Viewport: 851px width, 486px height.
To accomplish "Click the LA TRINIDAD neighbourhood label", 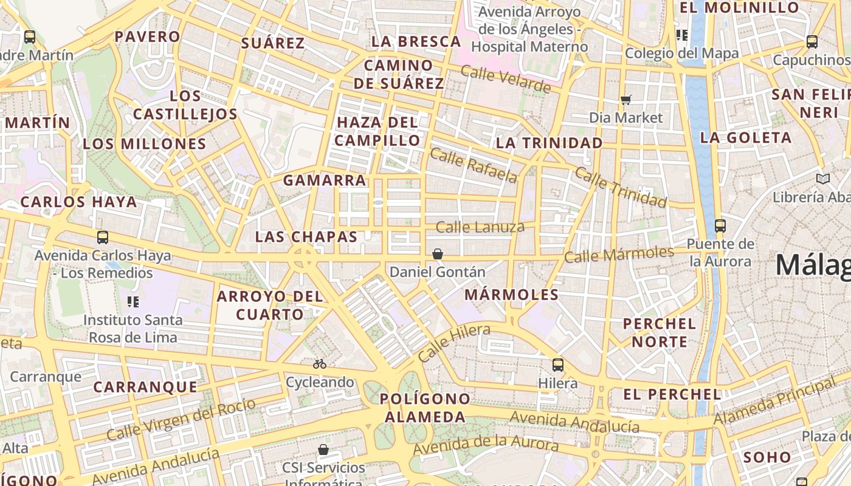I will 549,143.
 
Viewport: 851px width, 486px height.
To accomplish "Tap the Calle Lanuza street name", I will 480,227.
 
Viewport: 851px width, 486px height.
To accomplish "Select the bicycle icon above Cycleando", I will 320,364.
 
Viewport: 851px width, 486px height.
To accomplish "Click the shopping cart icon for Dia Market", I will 625,100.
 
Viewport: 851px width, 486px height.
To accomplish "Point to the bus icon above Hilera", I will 557,365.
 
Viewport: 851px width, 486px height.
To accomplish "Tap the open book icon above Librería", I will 822,179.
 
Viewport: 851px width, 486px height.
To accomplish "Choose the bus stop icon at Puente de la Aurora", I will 720,226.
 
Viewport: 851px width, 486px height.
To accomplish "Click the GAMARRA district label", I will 325,180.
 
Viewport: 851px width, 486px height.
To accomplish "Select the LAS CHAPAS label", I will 306,237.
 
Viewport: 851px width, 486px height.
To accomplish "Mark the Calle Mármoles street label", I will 619,254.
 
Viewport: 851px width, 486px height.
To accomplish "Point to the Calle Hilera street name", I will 453,343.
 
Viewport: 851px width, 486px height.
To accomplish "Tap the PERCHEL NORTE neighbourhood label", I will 659,332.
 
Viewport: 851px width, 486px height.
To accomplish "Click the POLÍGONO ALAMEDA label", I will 424,408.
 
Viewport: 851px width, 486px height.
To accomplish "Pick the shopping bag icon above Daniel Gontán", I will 437,254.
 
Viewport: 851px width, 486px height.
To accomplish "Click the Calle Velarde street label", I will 505,79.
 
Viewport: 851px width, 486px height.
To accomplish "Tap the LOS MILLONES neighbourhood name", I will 145,144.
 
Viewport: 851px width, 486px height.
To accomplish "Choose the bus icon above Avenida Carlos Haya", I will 102,238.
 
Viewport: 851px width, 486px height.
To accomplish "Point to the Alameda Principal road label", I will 774,402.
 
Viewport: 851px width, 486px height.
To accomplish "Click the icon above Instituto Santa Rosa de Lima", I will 133,302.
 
